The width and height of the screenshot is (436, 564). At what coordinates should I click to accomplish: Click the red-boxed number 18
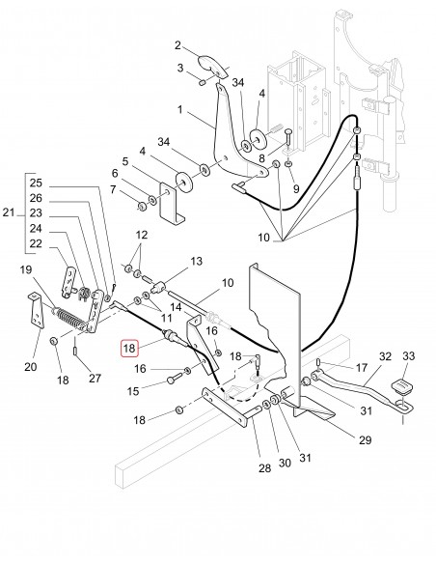(x=129, y=348)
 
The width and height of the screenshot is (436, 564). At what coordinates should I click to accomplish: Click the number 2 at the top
(x=178, y=44)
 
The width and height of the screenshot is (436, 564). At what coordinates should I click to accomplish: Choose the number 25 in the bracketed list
(x=36, y=183)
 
